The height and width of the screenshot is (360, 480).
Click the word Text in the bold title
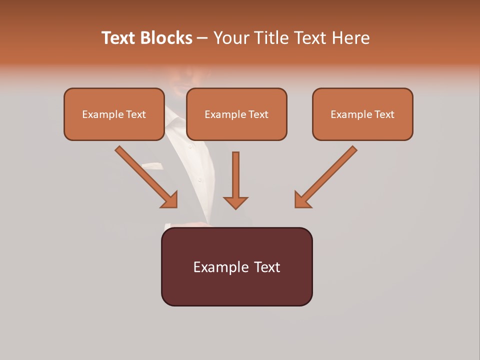[x=119, y=38]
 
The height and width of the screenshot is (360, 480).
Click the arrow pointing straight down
[x=235, y=180]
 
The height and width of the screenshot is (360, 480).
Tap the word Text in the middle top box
[x=258, y=114]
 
